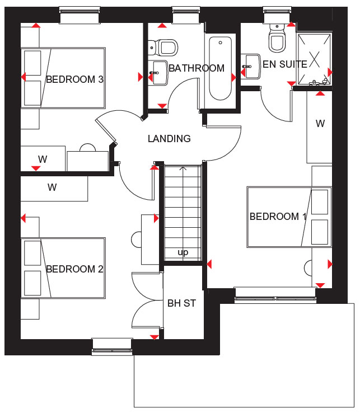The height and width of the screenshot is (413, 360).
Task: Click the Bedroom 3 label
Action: (x=74, y=79)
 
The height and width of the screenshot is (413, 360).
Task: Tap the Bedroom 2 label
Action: (x=74, y=269)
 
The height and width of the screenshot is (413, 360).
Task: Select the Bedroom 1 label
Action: (x=278, y=217)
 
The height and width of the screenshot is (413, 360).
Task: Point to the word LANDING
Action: (x=169, y=139)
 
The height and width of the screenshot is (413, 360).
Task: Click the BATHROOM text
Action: (x=197, y=68)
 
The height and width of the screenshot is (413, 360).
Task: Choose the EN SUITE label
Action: (x=285, y=64)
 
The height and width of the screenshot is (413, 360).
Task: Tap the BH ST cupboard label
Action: (x=182, y=303)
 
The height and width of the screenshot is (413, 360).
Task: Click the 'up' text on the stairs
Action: (x=183, y=252)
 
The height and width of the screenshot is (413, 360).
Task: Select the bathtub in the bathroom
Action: (x=221, y=68)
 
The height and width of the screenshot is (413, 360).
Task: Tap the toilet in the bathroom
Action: (x=163, y=48)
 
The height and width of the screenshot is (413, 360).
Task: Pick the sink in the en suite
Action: (x=251, y=67)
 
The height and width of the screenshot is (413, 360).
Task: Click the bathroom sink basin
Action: (x=158, y=73)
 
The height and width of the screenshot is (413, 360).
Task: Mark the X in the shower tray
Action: (x=314, y=59)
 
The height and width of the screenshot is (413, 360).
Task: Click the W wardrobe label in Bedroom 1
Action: (x=320, y=123)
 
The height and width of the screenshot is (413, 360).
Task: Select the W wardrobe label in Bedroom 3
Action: (x=43, y=159)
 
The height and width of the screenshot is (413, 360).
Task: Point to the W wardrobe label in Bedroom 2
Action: (x=52, y=187)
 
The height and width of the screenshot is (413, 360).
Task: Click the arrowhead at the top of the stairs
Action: (x=183, y=168)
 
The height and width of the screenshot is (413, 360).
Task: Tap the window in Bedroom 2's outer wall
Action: (x=112, y=347)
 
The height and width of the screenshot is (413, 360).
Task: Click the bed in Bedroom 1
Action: (x=289, y=217)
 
